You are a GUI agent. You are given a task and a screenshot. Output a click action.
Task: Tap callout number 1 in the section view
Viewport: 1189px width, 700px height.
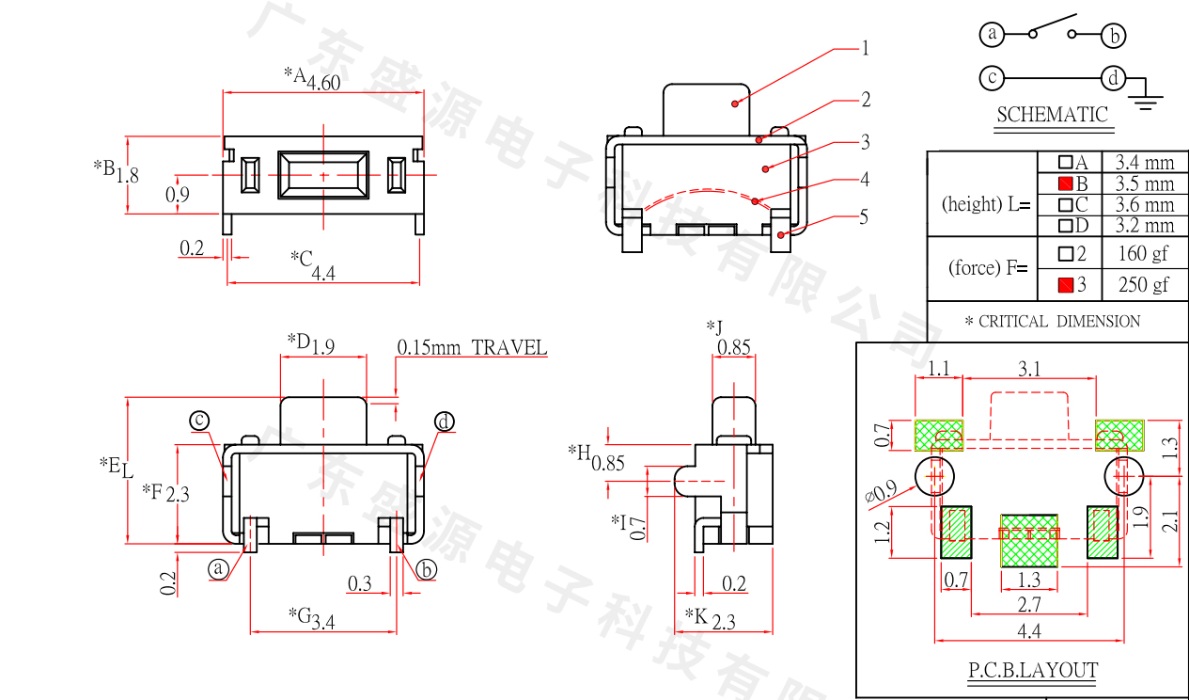point(866,48)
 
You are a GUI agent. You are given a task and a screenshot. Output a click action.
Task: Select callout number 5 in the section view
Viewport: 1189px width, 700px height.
point(865,217)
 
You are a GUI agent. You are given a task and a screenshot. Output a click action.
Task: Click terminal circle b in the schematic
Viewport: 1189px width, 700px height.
point(1114,36)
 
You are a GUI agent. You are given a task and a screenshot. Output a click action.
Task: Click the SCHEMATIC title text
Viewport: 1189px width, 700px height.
point(1052,115)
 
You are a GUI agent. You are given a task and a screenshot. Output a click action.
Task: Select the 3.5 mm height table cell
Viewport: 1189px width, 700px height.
point(1144,183)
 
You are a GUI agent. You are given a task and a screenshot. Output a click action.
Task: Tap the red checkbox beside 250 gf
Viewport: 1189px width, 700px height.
point(1065,284)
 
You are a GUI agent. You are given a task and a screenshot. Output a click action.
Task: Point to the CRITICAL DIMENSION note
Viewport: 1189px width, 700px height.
point(1052,322)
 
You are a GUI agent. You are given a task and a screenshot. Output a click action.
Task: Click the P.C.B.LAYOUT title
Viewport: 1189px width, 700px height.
point(1033,671)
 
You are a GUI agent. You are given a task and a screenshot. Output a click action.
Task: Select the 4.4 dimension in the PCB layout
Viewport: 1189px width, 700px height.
point(1029,630)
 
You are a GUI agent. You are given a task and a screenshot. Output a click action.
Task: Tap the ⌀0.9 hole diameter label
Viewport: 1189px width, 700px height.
point(880,494)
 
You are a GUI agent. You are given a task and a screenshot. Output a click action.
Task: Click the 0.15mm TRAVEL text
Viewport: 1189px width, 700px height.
point(472,347)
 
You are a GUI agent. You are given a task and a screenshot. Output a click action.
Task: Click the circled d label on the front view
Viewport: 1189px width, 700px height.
point(444,422)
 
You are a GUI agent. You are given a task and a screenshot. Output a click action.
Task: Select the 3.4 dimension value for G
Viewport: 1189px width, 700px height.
point(322,621)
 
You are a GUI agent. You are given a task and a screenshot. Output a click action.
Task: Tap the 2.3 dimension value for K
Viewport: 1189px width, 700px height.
point(724,621)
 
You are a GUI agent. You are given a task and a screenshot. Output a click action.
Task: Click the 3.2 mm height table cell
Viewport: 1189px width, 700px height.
point(1144,225)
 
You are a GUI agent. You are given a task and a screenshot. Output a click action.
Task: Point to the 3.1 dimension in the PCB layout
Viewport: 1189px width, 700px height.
point(1029,369)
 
